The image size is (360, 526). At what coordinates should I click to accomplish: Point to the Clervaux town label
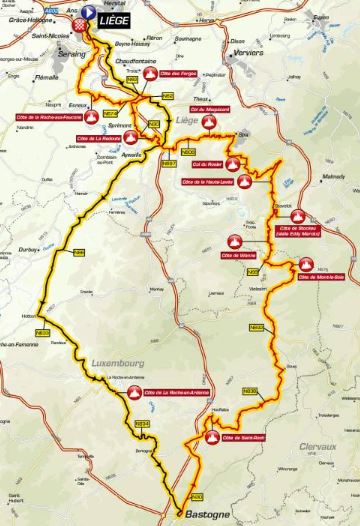pos(318,447)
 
